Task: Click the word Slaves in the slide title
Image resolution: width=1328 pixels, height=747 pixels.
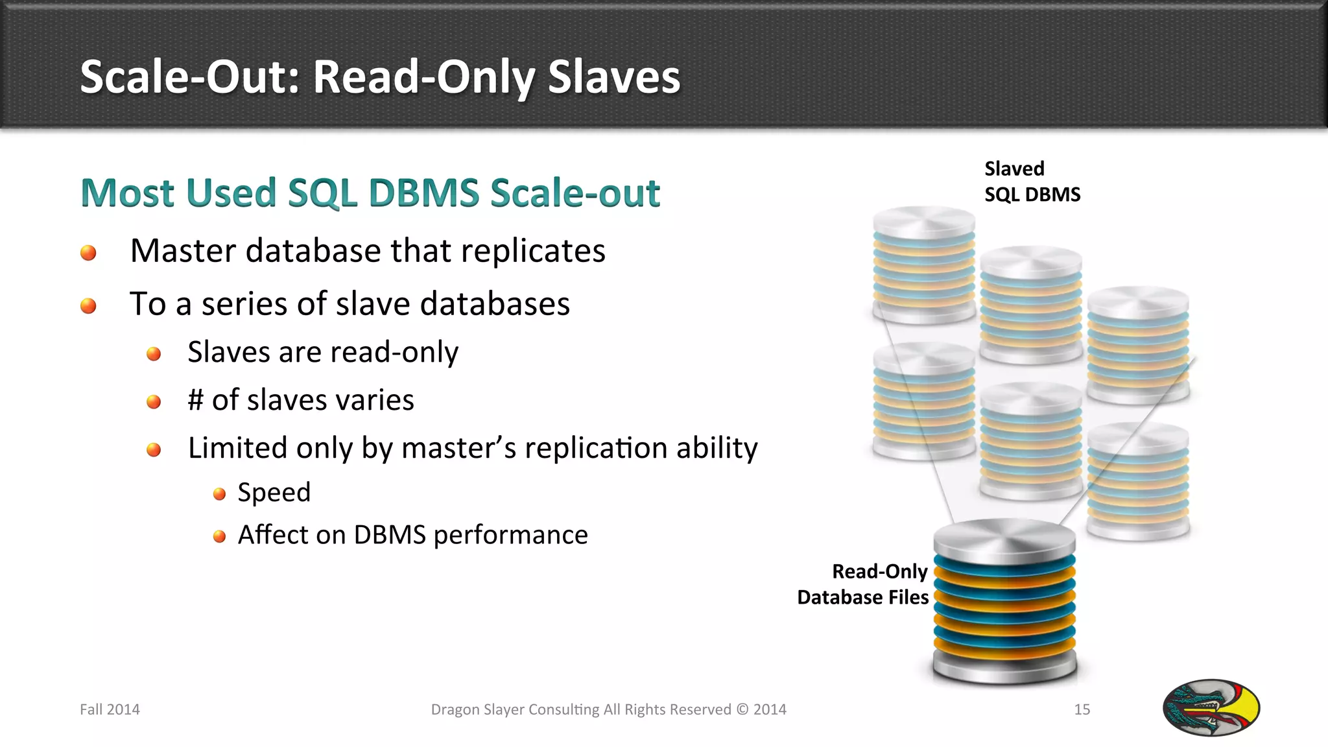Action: pos(613,77)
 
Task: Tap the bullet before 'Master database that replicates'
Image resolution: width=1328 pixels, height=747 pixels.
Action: pos(88,253)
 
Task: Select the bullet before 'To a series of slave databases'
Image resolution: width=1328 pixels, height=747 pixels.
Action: pos(88,305)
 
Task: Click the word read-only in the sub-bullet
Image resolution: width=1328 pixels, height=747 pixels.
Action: pos(393,352)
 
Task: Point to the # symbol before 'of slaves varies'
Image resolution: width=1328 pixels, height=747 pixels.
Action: pos(195,400)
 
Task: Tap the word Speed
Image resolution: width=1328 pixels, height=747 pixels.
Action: pos(274,493)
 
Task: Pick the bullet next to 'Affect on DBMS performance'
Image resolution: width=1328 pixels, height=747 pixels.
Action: pos(219,536)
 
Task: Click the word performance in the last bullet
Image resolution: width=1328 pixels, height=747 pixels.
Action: pos(510,535)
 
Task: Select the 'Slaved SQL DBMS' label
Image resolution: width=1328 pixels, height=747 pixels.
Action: pos(1032,182)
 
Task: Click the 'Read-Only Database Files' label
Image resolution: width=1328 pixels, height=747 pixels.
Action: pos(863,584)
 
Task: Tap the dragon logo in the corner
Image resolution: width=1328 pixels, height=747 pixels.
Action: pos(1211,707)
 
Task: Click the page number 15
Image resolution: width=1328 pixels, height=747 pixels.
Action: pos(1082,709)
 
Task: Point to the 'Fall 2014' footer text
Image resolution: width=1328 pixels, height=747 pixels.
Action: pos(110,709)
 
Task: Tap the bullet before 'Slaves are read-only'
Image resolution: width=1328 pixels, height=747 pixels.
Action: pos(154,354)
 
